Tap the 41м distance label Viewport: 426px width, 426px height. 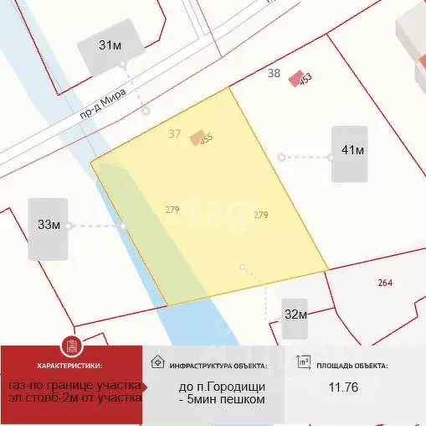click(352, 150)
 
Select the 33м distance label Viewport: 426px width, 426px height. click(49, 224)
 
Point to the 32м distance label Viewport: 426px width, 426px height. click(295, 315)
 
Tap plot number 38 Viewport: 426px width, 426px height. click(274, 73)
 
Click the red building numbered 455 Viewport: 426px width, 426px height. click(198, 138)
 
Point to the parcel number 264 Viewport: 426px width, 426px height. click(385, 283)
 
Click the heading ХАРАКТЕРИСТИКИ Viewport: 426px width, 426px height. click(70, 366)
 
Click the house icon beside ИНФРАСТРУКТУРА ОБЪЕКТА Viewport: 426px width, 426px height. click(157, 362)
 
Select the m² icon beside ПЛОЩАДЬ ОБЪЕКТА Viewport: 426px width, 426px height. click(305, 362)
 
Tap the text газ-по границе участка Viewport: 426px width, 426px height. click(74, 385)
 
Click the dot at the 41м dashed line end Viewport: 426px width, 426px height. click(281, 157)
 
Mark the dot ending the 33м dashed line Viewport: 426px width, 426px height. click(124, 226)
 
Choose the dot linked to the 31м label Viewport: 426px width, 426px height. click(146, 110)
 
